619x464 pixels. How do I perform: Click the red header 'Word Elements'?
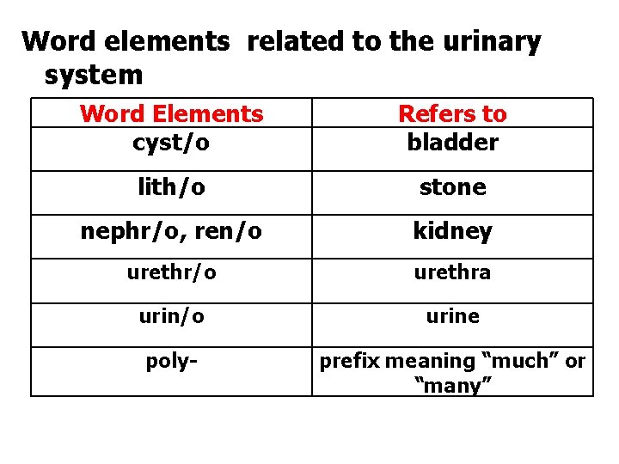tap(171, 113)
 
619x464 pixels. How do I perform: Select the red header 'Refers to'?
tap(452, 113)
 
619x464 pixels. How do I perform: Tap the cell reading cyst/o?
tap(171, 142)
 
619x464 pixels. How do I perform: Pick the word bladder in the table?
tap(452, 142)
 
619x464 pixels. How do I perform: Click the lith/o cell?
tap(171, 187)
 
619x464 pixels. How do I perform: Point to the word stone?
tap(452, 187)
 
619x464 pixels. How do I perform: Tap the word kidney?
tap(452, 231)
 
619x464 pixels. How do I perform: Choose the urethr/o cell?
tap(171, 272)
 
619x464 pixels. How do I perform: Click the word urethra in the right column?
tap(452, 272)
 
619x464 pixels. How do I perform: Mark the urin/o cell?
tap(171, 316)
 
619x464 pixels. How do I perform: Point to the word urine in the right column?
tap(452, 316)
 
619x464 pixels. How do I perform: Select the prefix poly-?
tap(171, 361)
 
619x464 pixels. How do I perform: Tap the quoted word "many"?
tap(452, 386)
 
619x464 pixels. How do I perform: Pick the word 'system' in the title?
tap(93, 75)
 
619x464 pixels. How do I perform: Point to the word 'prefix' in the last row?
tap(349, 361)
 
